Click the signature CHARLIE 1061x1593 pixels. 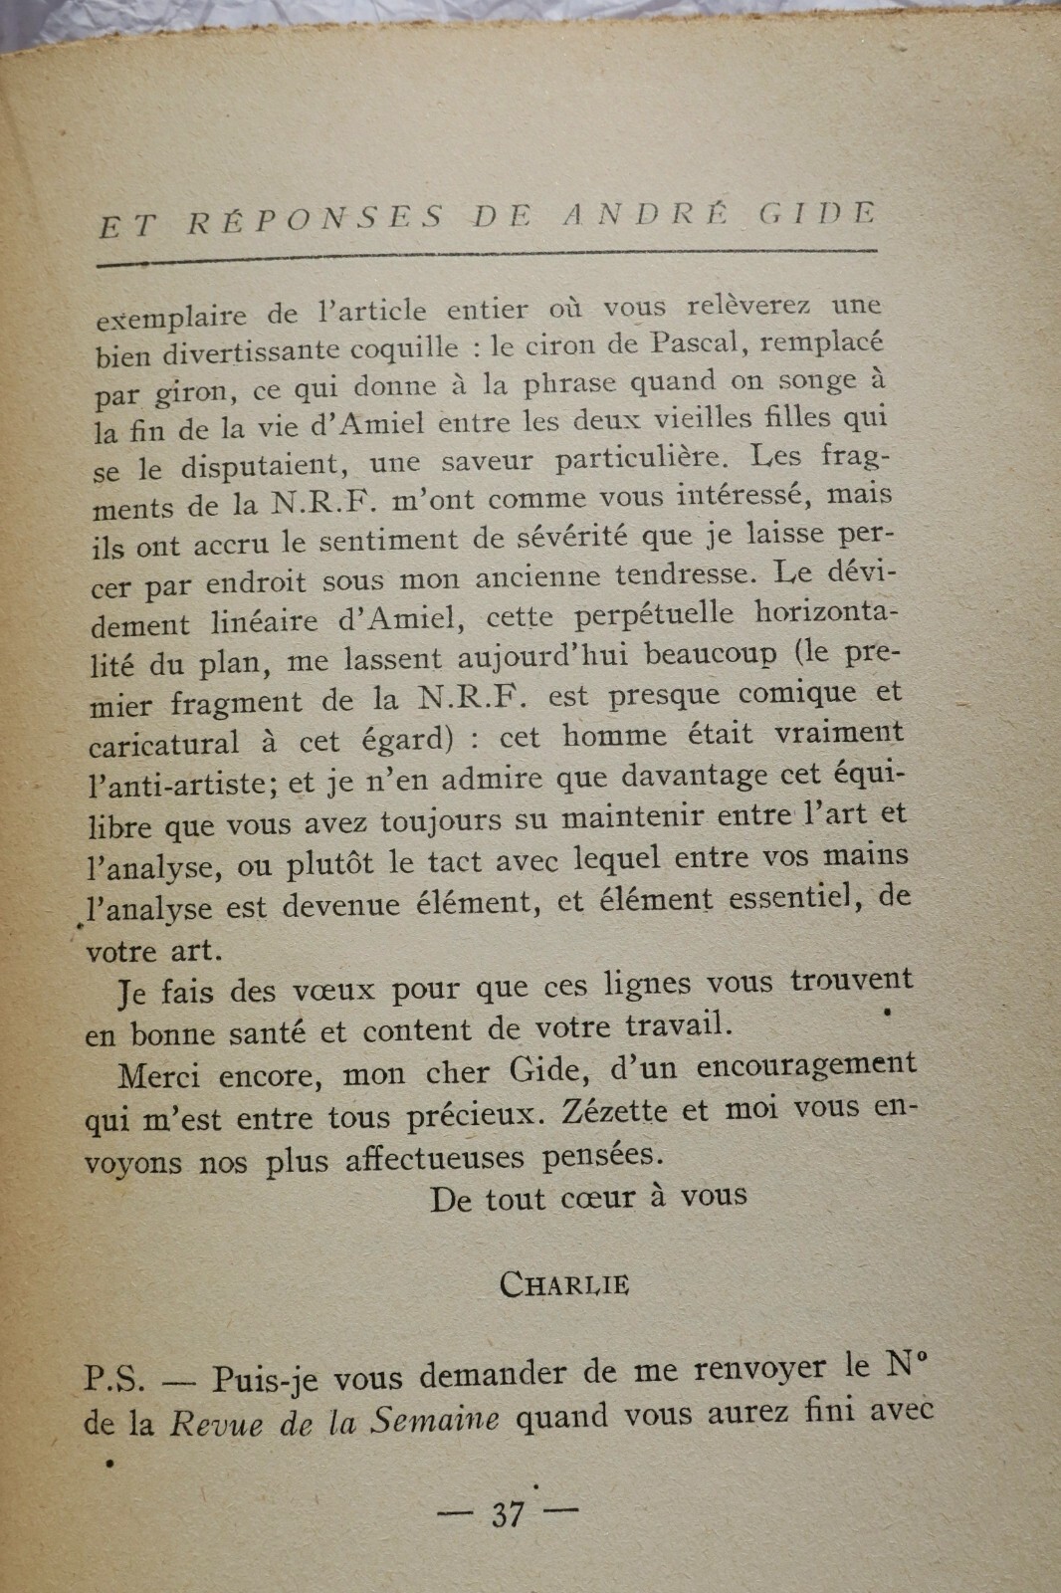click(x=563, y=1283)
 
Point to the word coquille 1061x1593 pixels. click(x=403, y=348)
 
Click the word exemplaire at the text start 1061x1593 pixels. click(x=171, y=317)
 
